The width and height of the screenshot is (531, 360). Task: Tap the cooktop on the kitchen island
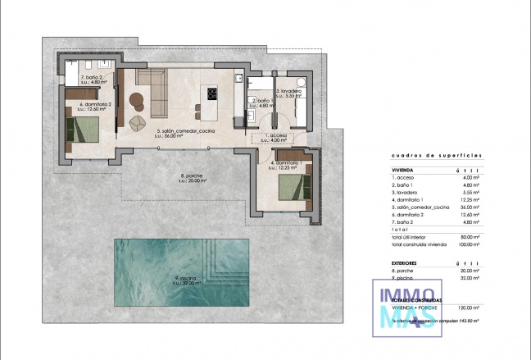[x=212, y=93]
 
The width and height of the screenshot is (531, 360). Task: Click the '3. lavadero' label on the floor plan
[x=290, y=93]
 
